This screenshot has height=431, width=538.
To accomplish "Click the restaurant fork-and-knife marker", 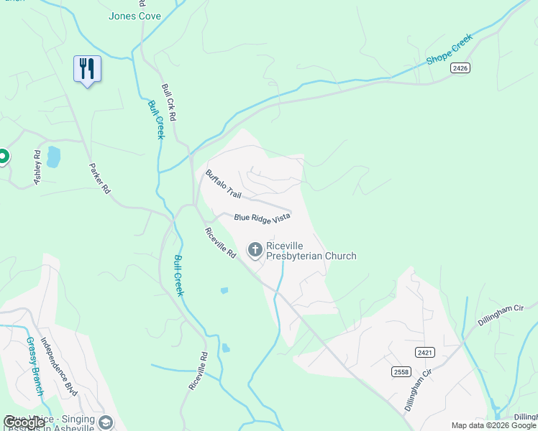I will click(87, 69).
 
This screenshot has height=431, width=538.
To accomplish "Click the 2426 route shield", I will click(461, 68).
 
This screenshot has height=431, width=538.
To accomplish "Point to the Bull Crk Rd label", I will click(169, 101).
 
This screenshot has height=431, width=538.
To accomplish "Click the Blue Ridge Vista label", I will click(262, 218).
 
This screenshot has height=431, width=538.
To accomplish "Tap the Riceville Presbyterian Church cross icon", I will click(255, 250).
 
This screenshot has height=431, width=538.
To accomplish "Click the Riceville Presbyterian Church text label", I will click(311, 251).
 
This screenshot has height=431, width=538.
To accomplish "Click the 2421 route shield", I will click(424, 351).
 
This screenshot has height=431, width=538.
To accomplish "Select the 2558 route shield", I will click(401, 371).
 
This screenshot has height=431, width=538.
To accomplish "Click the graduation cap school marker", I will click(106, 422).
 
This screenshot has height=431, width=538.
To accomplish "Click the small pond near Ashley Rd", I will click(53, 157).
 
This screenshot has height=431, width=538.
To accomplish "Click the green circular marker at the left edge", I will click(2, 155).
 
